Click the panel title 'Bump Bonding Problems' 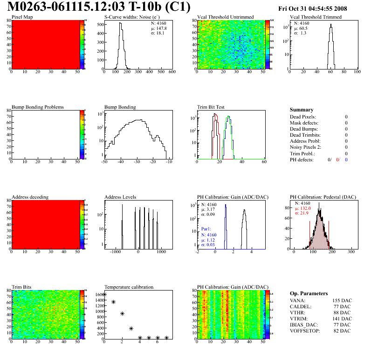coord(38,107)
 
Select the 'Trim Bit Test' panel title coord(212,107)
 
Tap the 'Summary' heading coord(302,110)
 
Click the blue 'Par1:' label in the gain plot coord(207,229)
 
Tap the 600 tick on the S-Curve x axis coord(172,72)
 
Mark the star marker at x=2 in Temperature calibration coord(122,313)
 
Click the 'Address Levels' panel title coord(121,197)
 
